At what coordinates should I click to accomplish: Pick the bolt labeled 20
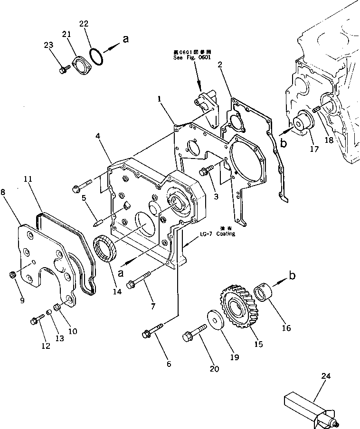tap(194, 332)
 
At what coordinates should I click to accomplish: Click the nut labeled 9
tap(13, 274)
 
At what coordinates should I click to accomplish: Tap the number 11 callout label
tap(28, 179)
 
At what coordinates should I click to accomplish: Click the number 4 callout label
tap(97, 136)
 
